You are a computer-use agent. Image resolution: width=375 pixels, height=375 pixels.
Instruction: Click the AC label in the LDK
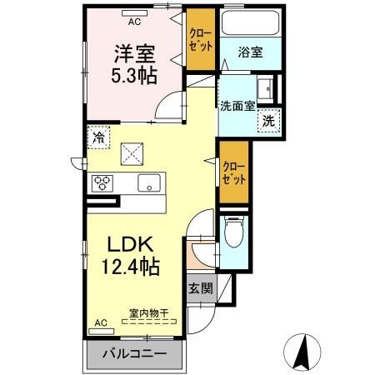tap(101, 322)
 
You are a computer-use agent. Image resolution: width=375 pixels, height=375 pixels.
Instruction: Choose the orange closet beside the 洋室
tap(200, 42)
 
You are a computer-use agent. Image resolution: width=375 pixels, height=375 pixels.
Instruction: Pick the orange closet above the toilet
tap(233, 172)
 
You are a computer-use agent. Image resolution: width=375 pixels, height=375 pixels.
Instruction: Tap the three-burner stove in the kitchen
tap(102, 182)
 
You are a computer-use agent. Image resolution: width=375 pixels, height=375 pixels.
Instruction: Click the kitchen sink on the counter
tap(149, 184)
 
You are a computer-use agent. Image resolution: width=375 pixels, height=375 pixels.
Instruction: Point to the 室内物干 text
tap(148, 314)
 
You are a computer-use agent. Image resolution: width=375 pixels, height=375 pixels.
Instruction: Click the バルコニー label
tap(134, 353)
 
